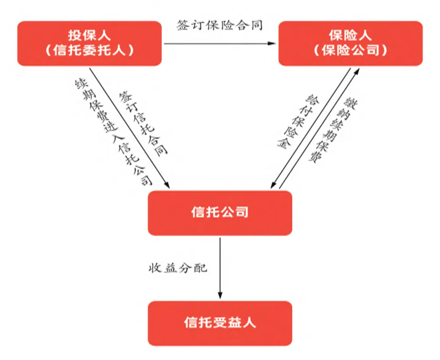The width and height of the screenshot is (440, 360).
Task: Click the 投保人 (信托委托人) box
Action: (89, 44)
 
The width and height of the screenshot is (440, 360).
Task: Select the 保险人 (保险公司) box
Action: (350, 44)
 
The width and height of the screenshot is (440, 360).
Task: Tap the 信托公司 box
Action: (220, 213)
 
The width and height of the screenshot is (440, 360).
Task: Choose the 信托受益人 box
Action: (220, 323)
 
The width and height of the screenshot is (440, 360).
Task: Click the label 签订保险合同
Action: (220, 26)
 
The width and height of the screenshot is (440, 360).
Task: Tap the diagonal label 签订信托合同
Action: (143, 123)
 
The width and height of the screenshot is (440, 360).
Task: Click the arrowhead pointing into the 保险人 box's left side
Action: (273, 44)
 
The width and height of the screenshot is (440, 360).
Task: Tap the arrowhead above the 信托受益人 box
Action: (220, 296)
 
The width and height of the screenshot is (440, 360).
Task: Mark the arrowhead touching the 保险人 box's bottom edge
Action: (357, 71)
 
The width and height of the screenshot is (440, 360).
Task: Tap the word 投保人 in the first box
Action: (89, 36)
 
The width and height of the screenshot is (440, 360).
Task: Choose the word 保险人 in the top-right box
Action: (350, 36)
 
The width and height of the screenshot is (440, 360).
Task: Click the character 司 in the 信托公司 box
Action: (242, 213)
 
